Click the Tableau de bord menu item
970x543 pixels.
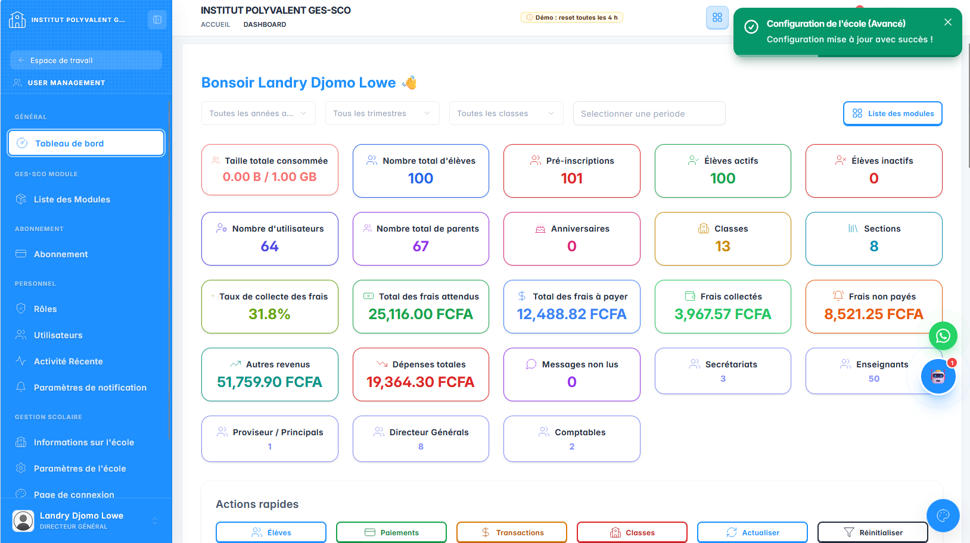tap(86, 143)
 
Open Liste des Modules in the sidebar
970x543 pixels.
tap(72, 199)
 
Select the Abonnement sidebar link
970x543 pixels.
tap(61, 254)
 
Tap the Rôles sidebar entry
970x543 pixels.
tap(45, 309)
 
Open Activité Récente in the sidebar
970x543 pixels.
tap(68, 361)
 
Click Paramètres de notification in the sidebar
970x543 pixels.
tap(90, 388)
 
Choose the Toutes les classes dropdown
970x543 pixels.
tap(506, 113)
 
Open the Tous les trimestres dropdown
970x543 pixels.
tap(383, 113)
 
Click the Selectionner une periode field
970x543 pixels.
tap(649, 113)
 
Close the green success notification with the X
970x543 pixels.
tap(948, 22)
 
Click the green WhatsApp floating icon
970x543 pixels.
tap(943, 336)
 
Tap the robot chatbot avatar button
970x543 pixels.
tap(938, 377)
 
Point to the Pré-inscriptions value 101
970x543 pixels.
tap(571, 178)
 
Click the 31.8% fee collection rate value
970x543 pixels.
tap(269, 314)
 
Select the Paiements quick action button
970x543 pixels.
tap(391, 532)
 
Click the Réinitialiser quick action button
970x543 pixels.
tap(872, 532)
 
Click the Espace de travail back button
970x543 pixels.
tap(86, 60)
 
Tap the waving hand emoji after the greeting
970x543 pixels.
tap(409, 82)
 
